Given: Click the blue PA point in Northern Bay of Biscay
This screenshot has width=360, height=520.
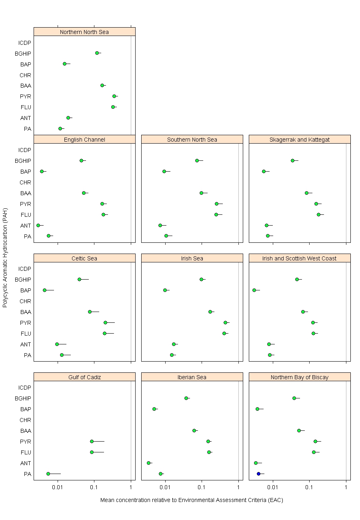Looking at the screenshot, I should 258,474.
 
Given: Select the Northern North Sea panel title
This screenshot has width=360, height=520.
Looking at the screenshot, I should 84,32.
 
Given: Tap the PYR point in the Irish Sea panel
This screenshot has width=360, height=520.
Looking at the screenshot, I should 225,322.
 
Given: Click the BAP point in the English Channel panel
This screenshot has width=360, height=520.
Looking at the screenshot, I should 42,171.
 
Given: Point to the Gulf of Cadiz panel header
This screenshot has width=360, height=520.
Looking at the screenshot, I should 84,377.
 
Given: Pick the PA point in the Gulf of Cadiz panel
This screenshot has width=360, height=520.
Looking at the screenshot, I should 48,474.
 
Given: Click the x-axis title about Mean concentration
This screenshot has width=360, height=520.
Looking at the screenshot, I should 192,500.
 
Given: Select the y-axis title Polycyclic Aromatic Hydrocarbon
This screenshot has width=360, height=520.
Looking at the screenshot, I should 5,258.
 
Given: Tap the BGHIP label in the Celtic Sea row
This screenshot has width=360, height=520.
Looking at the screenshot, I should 23,280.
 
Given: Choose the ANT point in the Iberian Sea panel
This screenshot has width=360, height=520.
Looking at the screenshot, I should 148,463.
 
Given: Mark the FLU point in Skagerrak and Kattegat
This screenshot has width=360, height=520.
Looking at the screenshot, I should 318,214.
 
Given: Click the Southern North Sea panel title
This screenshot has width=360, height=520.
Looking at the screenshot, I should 192,140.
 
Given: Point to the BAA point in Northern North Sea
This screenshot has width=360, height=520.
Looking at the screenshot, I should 102,85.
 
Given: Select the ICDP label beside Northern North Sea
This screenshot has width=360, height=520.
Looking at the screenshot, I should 24,43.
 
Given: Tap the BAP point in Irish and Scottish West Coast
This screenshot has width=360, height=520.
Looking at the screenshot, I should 254,290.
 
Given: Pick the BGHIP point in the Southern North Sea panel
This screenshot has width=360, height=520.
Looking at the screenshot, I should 197,160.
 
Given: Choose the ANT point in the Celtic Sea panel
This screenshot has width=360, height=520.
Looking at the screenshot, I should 57,344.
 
